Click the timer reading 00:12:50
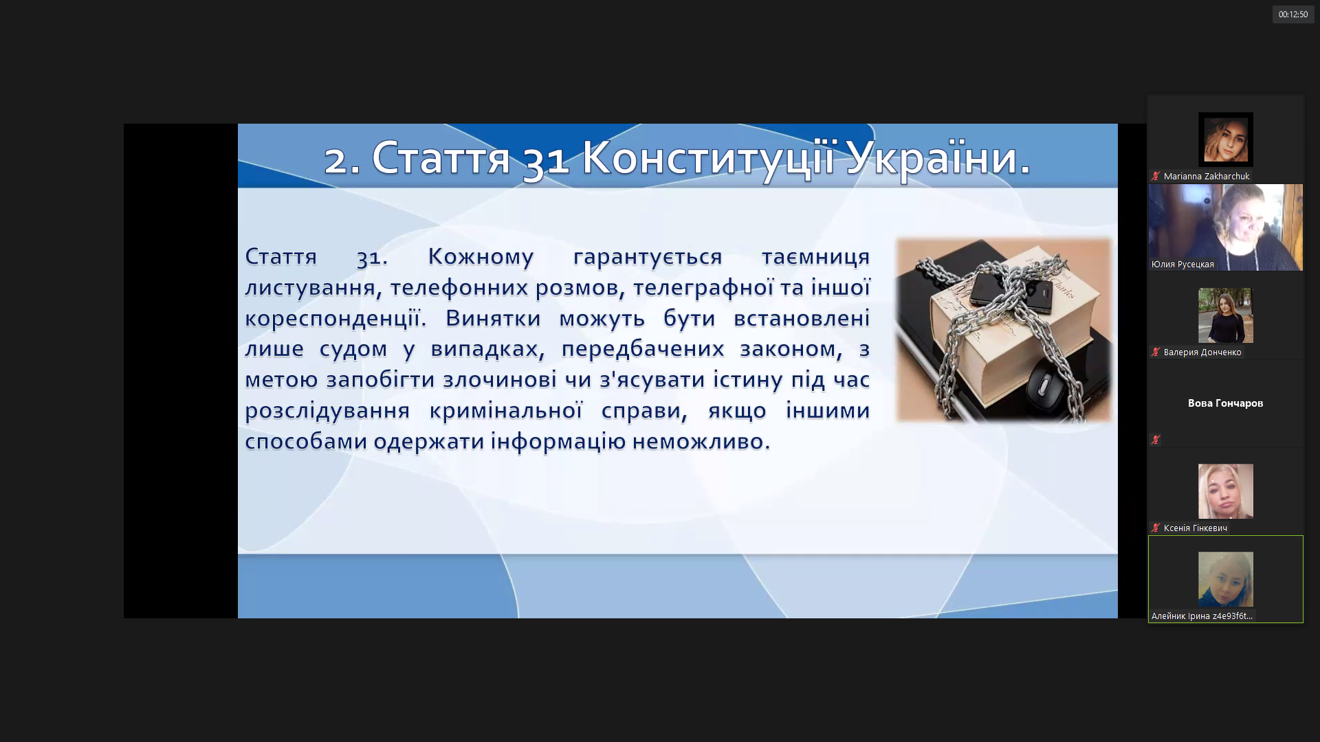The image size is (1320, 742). [1292, 14]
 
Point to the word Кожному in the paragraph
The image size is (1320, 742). [481, 256]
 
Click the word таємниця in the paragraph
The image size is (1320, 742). [815, 256]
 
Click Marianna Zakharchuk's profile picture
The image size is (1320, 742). [1225, 139]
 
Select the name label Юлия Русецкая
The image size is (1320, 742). [1182, 265]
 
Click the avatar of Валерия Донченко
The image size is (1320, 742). [1225, 315]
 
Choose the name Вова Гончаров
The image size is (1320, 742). [1225, 403]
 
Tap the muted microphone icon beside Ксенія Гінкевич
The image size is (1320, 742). [1156, 528]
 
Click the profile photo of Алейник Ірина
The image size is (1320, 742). [1225, 579]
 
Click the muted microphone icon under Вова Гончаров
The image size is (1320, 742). [1156, 440]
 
